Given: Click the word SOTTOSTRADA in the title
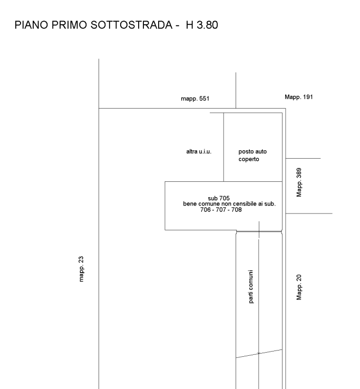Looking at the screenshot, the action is [x=131, y=25].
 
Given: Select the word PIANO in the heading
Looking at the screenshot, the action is [x=31, y=25].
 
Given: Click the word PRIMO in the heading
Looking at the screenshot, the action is [x=69, y=25].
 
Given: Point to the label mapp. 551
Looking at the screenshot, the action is [x=195, y=99].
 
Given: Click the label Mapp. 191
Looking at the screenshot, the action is [x=299, y=97].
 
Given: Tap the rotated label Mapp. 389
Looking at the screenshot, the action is [x=299, y=182].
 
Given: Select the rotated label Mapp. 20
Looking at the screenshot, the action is [x=299, y=287].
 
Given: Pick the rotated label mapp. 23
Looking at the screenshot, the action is [x=81, y=269].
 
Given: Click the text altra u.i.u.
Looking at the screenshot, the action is [x=199, y=152].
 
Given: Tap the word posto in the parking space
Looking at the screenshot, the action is [x=246, y=152].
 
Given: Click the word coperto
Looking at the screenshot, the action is [x=249, y=159].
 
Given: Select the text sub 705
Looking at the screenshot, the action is [x=219, y=198].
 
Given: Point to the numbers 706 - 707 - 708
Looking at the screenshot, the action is [x=221, y=210].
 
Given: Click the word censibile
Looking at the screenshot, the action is [x=245, y=203].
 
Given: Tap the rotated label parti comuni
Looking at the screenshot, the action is [x=251, y=287].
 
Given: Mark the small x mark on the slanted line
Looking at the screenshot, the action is [x=258, y=353].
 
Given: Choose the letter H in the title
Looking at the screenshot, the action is [x=190, y=25].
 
